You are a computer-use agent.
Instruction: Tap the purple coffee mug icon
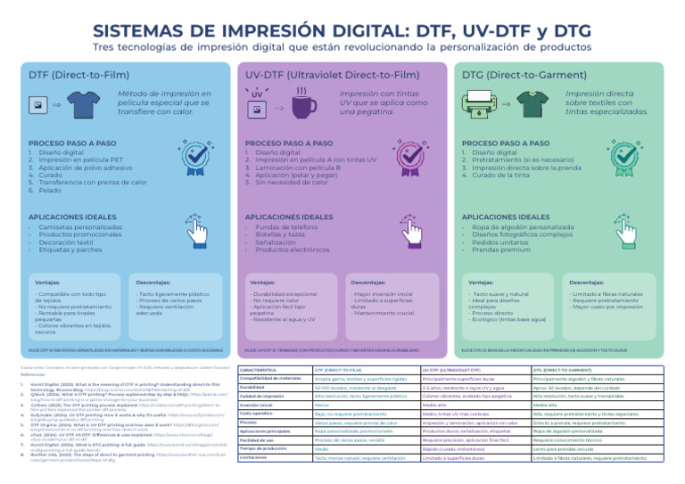coord(303,105)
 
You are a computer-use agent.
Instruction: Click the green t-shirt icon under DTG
coord(520,103)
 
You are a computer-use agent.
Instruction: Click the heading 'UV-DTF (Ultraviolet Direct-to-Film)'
coord(331,76)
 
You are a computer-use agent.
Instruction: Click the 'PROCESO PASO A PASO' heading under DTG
coord(505,144)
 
